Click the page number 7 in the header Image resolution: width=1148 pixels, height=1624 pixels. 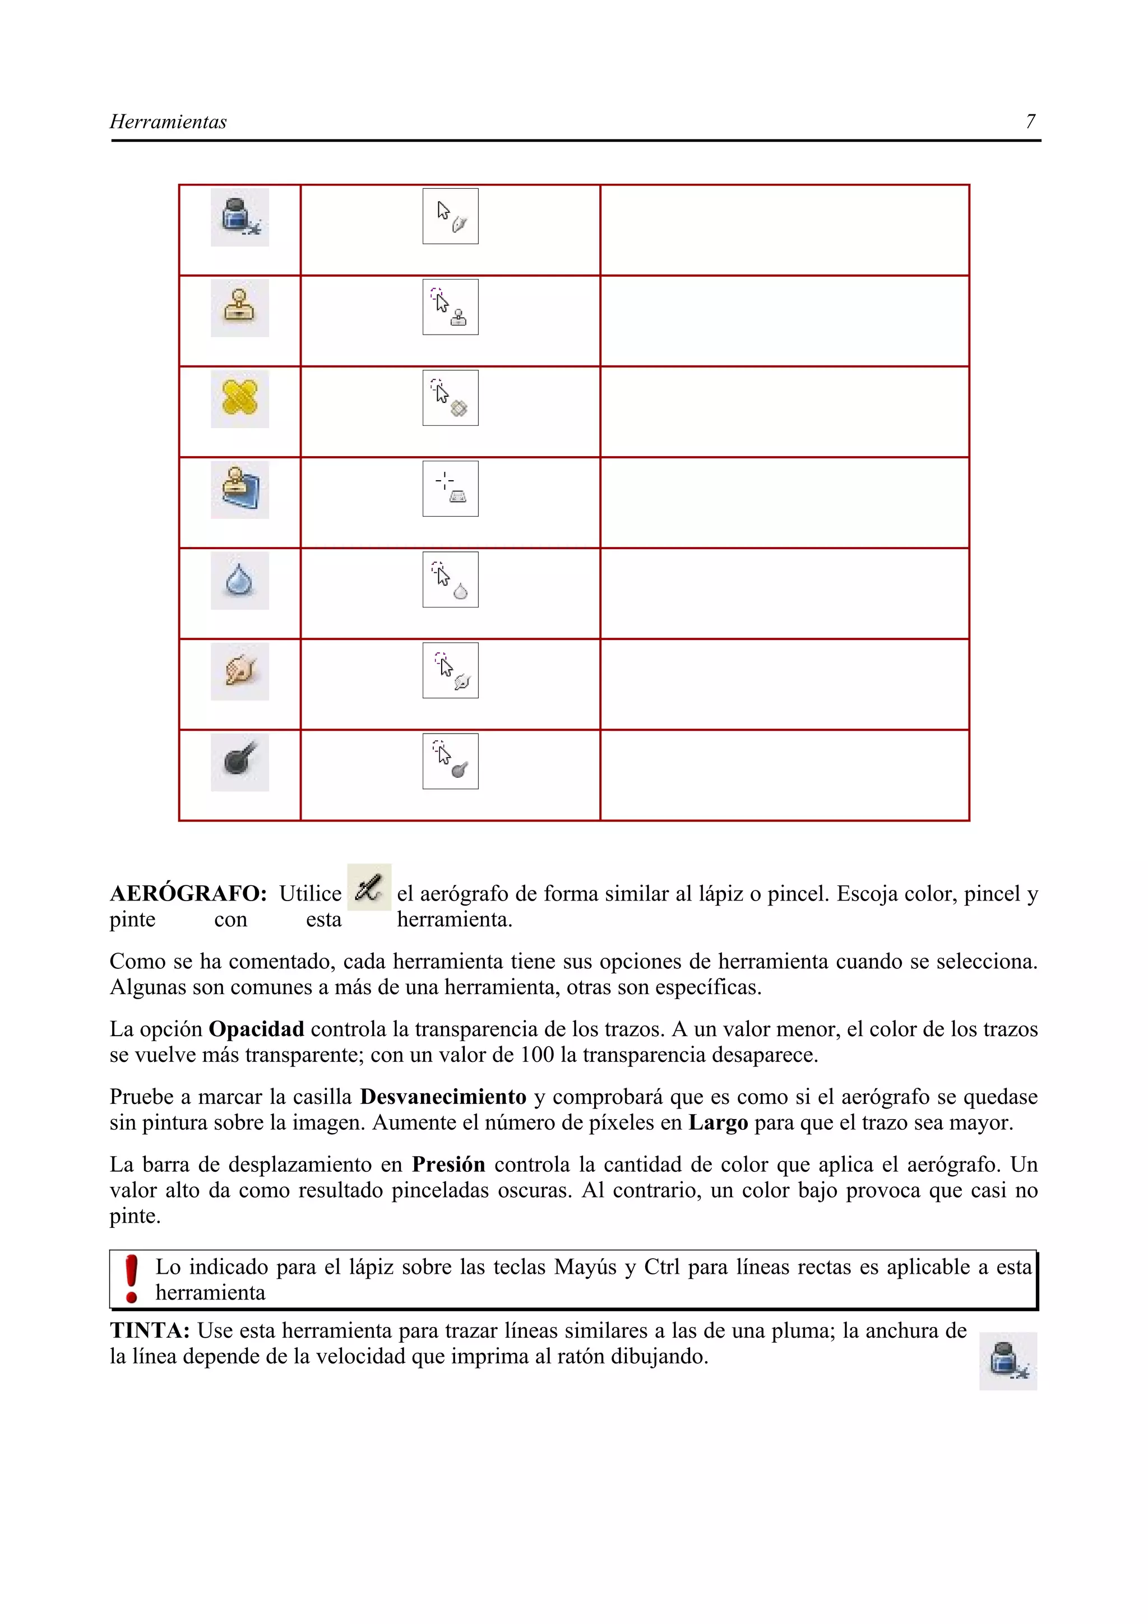(x=1030, y=122)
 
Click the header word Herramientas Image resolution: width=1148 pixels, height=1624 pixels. (x=168, y=122)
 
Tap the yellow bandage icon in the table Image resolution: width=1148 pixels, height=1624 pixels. (x=240, y=398)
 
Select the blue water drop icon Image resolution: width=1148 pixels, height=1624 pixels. (x=240, y=580)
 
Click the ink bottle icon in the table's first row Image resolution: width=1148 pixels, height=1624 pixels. (x=240, y=216)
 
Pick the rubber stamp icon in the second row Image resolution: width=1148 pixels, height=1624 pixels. (x=240, y=308)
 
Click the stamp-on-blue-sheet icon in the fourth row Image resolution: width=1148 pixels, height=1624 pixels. (x=240, y=489)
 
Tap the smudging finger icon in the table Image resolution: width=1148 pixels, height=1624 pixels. (x=240, y=671)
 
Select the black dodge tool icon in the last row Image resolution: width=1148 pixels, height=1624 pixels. (x=240, y=762)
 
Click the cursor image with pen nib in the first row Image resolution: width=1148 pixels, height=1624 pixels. (x=451, y=216)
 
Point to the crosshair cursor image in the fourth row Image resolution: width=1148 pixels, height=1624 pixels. (x=451, y=489)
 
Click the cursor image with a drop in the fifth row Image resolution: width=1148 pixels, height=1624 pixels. (x=451, y=579)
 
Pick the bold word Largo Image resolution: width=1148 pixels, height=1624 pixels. (x=718, y=1122)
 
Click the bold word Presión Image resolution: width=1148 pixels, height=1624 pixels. (x=448, y=1164)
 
